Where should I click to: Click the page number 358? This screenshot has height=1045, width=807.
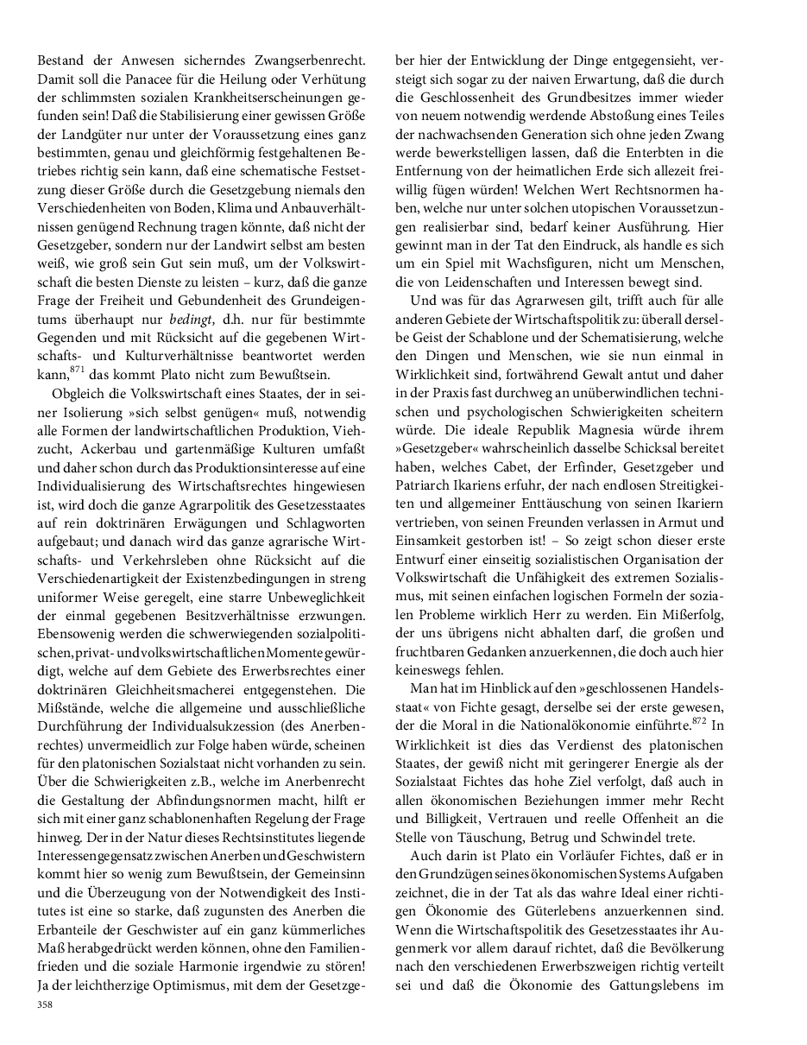click(46, 1004)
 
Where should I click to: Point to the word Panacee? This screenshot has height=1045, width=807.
click(144, 80)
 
